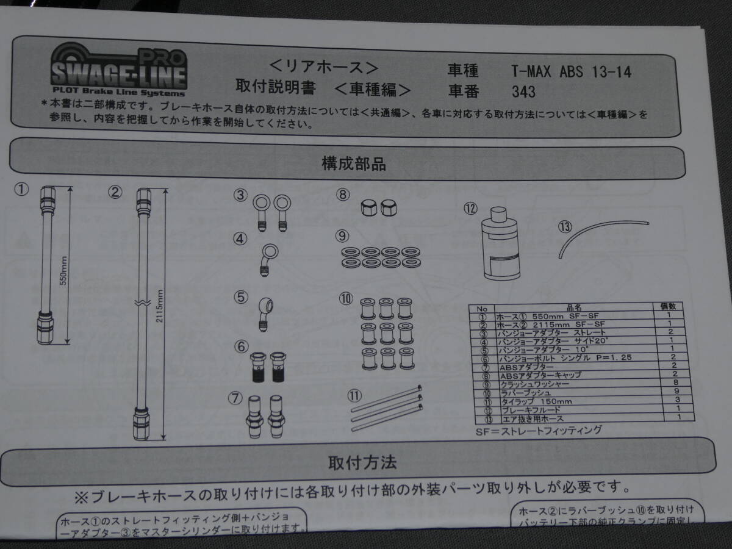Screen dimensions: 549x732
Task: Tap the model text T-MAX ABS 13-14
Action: click(571, 72)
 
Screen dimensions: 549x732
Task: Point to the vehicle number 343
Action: click(524, 92)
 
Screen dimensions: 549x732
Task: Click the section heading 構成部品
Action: click(353, 163)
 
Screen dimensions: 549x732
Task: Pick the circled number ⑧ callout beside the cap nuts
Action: click(344, 195)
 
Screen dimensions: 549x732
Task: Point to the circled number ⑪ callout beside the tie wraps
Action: click(354, 395)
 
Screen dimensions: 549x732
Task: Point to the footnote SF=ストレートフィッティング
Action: click(538, 431)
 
